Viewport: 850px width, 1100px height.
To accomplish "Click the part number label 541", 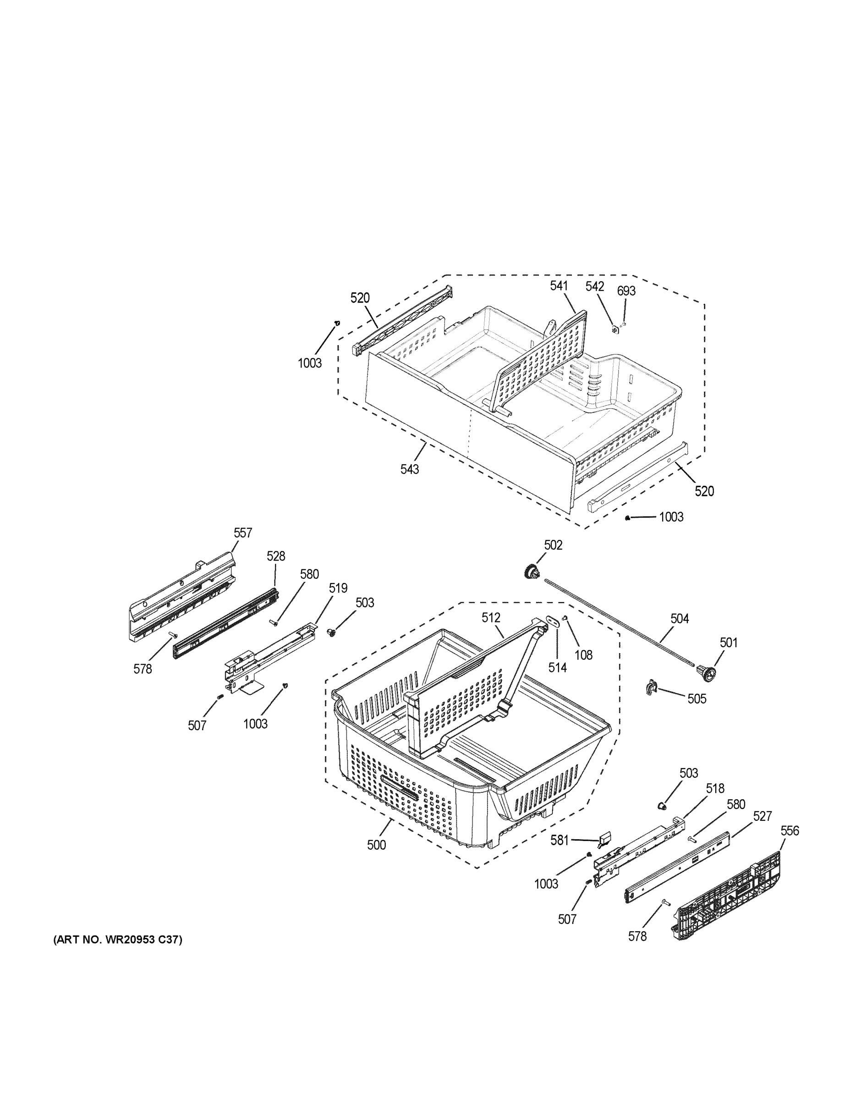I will (x=559, y=286).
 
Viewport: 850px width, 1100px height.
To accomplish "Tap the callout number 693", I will (x=626, y=291).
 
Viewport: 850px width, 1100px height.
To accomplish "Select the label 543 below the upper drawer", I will (x=409, y=469).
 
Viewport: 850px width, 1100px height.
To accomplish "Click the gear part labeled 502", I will (x=532, y=572).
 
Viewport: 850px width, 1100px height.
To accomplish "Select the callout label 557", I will (x=243, y=533).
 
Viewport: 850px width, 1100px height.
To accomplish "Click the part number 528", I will (x=275, y=556).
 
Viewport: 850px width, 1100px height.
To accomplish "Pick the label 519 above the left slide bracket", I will (x=338, y=588).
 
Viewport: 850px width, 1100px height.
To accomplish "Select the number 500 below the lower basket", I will (x=376, y=845).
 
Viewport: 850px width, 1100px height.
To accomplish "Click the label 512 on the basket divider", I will (x=491, y=617).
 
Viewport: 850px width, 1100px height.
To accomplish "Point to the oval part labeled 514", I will (x=554, y=621).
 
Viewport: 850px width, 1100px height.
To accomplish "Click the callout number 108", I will (x=584, y=655).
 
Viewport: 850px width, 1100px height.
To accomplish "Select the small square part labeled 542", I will (x=615, y=330).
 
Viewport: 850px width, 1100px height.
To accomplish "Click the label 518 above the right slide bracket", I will (x=714, y=789).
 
